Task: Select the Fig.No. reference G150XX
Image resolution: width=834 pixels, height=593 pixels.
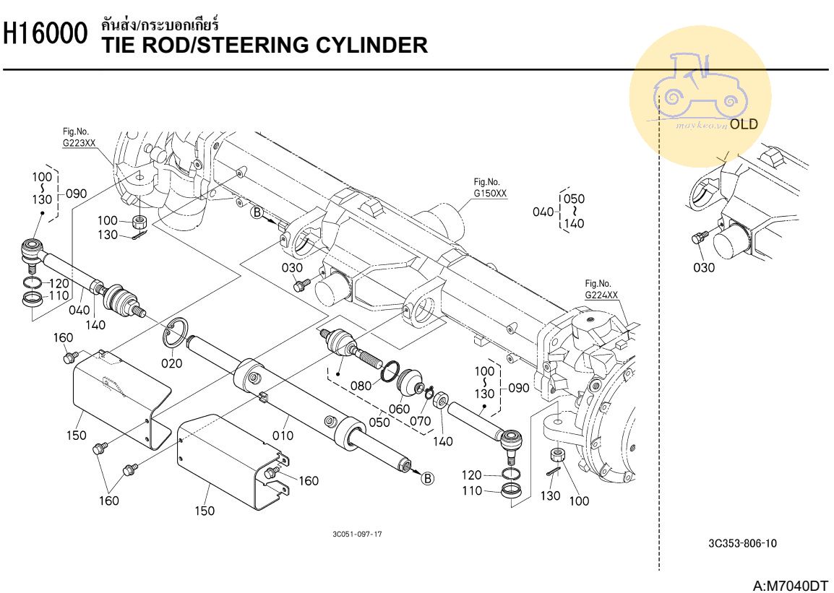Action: (490, 194)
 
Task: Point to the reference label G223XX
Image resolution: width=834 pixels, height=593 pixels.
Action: (79, 142)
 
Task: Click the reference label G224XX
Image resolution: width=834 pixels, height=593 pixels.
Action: (601, 295)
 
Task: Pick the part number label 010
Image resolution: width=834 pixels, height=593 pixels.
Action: (283, 435)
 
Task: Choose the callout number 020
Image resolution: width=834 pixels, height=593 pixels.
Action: (171, 363)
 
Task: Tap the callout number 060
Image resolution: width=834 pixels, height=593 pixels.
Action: (399, 409)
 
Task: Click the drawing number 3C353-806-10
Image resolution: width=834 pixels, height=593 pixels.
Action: (742, 543)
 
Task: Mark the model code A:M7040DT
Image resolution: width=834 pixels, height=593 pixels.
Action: (790, 585)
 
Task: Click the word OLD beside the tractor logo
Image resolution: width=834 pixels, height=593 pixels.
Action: (744, 124)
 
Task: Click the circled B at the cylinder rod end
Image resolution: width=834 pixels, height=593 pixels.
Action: (428, 477)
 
